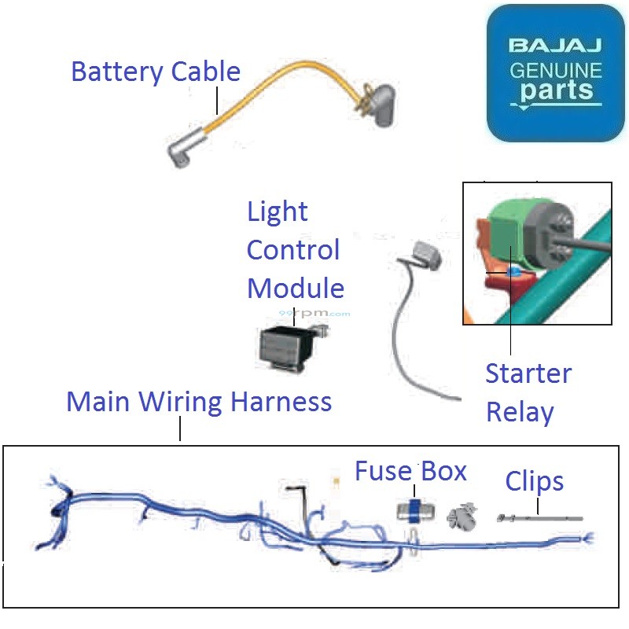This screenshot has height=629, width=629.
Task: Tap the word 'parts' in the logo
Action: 555,90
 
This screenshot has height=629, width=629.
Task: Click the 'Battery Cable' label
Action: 155,72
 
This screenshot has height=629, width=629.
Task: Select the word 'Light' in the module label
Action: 277,212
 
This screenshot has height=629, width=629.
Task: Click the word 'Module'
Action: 295,288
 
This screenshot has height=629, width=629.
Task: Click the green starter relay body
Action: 511,236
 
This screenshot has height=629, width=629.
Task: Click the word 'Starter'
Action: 528,373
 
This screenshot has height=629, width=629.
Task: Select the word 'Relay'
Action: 520,411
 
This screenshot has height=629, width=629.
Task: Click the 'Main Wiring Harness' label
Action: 199,402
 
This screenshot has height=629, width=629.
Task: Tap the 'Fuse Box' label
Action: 410,471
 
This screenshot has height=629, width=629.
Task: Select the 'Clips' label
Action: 535,480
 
